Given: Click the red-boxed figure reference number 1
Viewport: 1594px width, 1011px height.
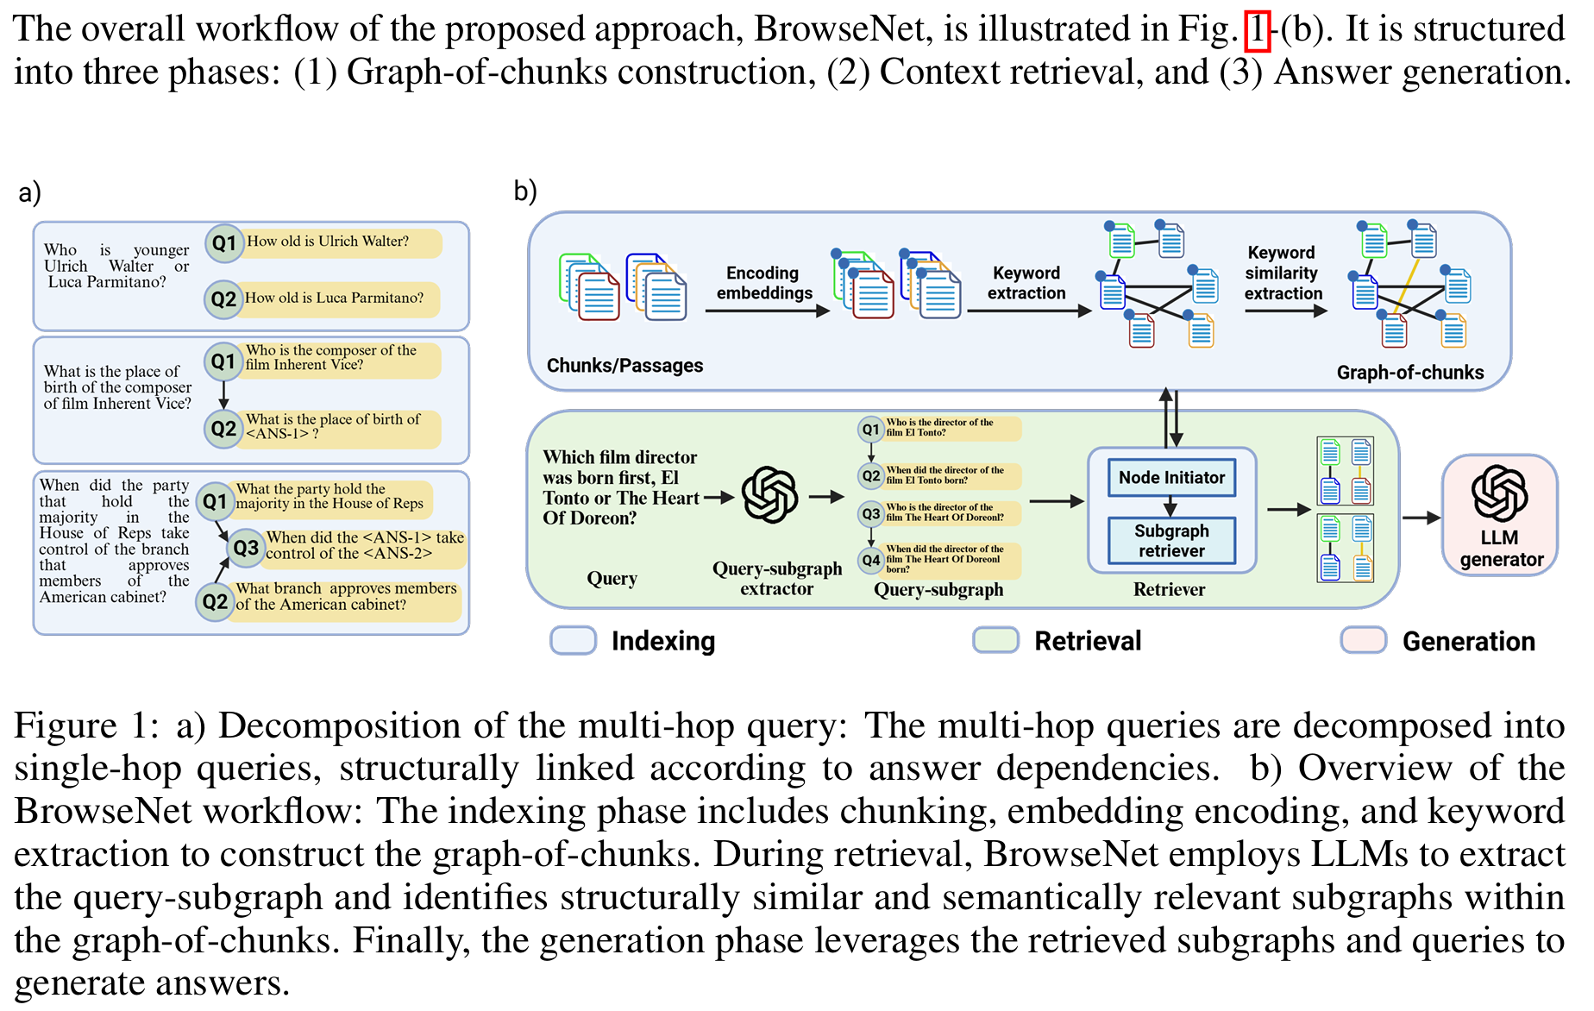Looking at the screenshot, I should tap(1258, 30).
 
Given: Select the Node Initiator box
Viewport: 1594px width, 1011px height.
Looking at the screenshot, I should tap(1171, 478).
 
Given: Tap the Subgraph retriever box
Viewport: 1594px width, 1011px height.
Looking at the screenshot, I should tap(1171, 541).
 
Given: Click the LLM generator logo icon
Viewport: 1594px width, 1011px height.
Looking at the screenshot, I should tap(1499, 493).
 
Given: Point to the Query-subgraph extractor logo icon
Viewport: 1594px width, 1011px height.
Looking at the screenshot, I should tap(770, 495).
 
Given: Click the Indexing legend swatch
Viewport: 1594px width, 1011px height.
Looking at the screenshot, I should tap(574, 640).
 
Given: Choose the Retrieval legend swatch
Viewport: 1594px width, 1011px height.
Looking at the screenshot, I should tap(996, 640).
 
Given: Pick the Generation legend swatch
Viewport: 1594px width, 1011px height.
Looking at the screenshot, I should tap(1364, 640).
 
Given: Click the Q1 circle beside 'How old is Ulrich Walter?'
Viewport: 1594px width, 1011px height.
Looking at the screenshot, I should tap(224, 243).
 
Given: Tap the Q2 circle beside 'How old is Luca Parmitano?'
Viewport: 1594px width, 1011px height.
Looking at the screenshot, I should tap(223, 298).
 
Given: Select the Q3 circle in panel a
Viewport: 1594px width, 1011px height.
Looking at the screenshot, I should tap(246, 548).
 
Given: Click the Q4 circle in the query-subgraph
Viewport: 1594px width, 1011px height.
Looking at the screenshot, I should tap(871, 560).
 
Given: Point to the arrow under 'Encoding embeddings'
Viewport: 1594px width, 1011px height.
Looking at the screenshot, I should tap(767, 311).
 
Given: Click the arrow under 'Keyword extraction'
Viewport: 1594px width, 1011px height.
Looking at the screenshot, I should tap(1029, 311).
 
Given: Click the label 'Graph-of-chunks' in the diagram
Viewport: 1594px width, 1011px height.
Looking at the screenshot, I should tap(1410, 373).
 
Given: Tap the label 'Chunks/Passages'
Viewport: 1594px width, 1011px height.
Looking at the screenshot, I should tap(624, 366).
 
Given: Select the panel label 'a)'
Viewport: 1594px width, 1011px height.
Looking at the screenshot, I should tap(30, 192).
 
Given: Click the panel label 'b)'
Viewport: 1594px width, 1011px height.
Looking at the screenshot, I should tap(525, 191).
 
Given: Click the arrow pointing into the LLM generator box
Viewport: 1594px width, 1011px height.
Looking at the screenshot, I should tap(1421, 518).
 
